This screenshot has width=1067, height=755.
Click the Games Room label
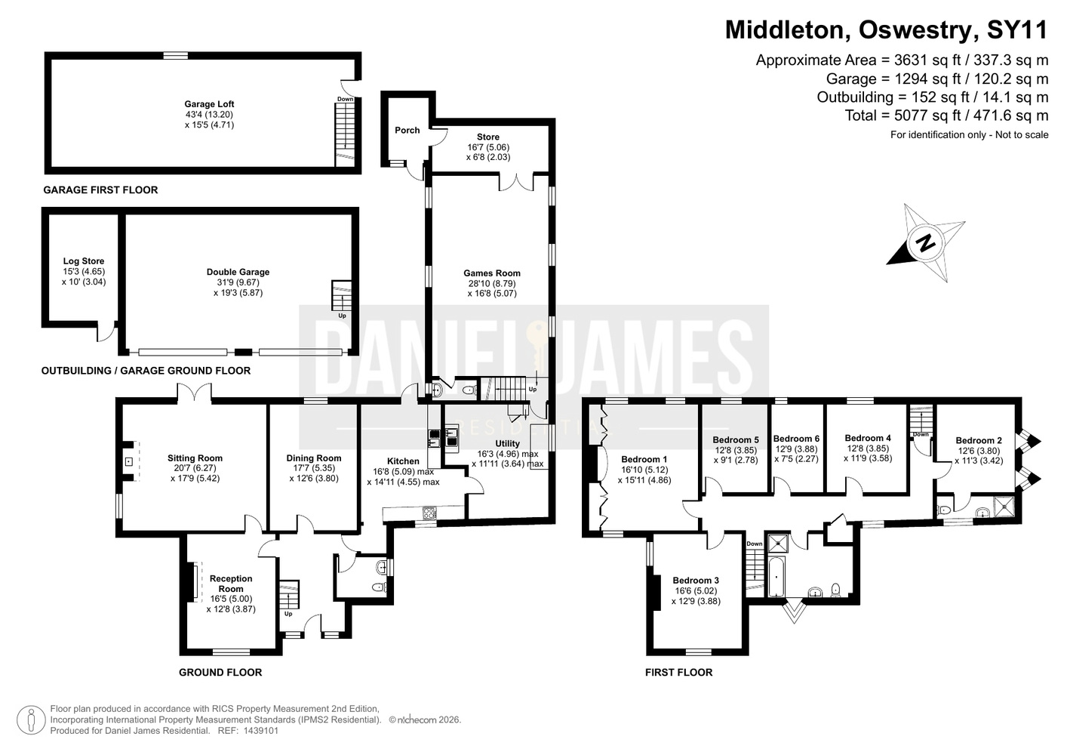[x=491, y=273]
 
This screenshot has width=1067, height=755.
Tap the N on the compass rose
[x=926, y=243]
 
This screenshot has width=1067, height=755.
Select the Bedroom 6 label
[x=796, y=439]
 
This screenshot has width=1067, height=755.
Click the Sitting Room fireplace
[x=128, y=461]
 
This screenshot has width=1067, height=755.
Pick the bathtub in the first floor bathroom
[x=776, y=577]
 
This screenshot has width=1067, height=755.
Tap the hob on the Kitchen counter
[x=429, y=513]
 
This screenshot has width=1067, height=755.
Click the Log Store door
[x=106, y=331]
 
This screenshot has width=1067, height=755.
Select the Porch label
[x=407, y=130]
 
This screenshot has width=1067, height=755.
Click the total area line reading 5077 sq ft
[x=946, y=116]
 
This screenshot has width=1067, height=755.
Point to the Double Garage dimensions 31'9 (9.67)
[x=238, y=282]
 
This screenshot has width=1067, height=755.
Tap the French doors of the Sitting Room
[x=195, y=393]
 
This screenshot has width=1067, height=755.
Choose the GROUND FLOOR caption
[x=220, y=672]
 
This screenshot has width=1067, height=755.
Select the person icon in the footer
[x=32, y=720]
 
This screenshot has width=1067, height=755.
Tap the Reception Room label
[x=231, y=584]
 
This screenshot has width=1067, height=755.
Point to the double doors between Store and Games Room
[x=516, y=182]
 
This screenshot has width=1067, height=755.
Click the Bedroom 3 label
[x=696, y=580]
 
